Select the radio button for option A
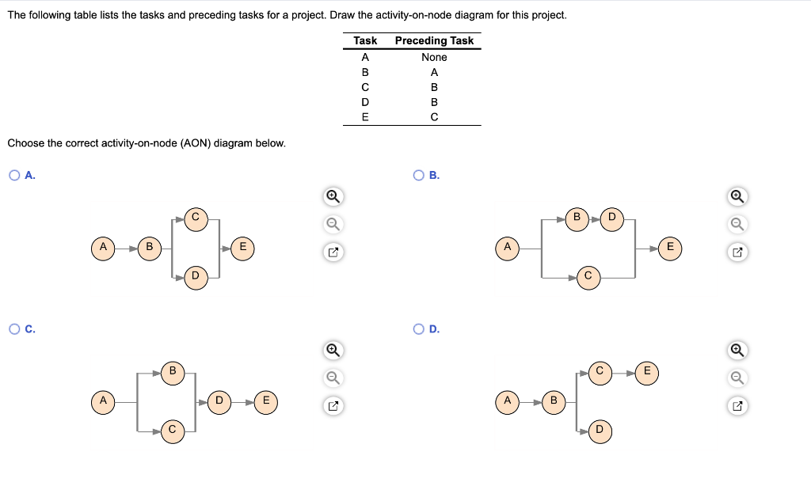(14, 176)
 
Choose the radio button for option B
(417, 176)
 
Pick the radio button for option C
(14, 329)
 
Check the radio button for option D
(417, 329)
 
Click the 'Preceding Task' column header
(434, 40)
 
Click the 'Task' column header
(365, 40)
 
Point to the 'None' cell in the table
(434, 57)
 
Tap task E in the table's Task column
(365, 116)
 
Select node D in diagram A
(196, 275)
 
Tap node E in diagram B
(670, 247)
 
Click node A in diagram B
(507, 247)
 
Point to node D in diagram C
(219, 401)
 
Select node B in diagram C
(172, 371)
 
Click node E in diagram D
(647, 371)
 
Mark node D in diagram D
(600, 431)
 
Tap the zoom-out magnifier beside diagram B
(737, 224)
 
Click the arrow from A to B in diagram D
(531, 401)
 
